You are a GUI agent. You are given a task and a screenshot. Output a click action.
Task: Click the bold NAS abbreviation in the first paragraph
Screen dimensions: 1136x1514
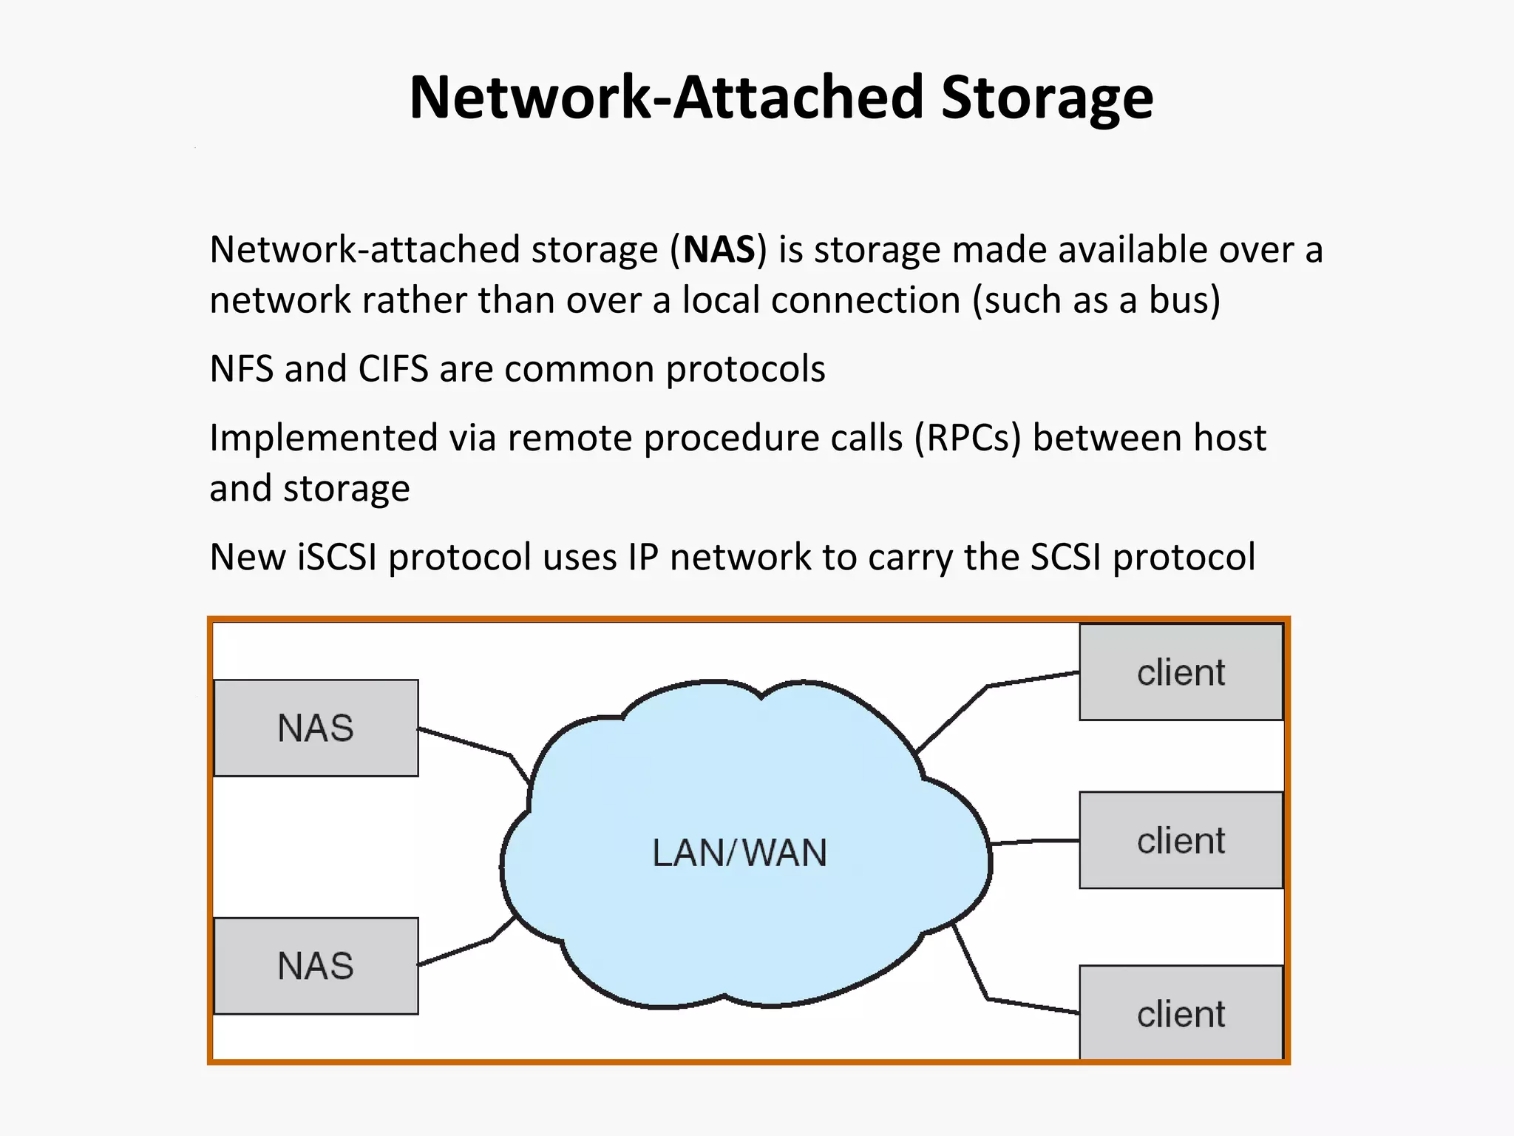[719, 250]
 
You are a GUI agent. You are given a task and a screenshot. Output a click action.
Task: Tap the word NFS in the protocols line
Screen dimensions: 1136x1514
[241, 369]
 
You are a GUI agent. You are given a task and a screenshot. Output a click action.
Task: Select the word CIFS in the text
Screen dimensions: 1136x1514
[393, 369]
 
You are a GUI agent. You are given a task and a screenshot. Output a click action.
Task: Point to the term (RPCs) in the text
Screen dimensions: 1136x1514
[968, 439]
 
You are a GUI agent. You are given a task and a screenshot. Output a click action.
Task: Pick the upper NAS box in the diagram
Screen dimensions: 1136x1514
[316, 728]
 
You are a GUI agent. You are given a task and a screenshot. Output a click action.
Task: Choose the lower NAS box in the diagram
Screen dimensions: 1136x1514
[316, 966]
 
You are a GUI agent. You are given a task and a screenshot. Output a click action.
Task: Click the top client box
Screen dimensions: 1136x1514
[1181, 672]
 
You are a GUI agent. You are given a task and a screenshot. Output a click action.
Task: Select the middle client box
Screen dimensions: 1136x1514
[1181, 841]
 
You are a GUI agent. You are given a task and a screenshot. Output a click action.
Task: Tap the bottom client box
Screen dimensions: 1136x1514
[1181, 1013]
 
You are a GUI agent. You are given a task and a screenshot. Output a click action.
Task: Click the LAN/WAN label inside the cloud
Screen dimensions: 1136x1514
[739, 853]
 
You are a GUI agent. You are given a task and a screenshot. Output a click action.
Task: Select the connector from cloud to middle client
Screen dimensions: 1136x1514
[1035, 842]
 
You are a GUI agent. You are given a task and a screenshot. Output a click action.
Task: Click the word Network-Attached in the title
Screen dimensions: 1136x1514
[666, 99]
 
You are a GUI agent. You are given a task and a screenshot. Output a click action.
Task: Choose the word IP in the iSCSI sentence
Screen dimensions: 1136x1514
[642, 558]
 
